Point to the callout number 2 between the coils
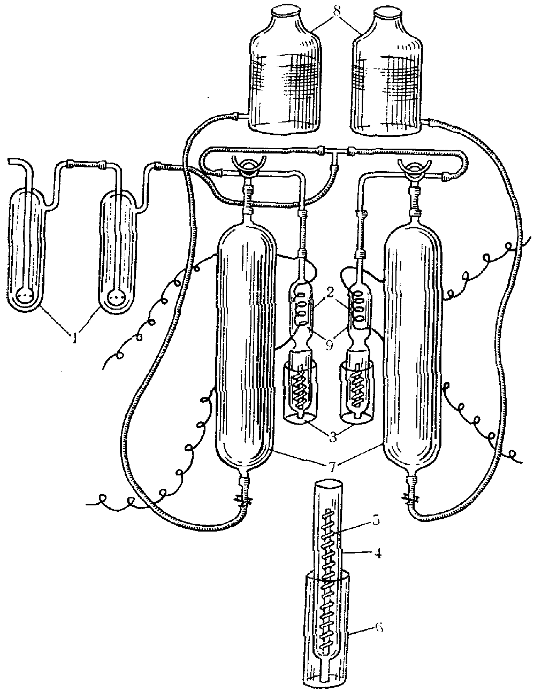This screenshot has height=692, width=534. [x=330, y=293]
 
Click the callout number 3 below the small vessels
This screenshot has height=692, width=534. [x=332, y=436]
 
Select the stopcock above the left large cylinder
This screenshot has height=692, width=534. [x=248, y=167]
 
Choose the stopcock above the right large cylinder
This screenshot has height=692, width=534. [x=415, y=167]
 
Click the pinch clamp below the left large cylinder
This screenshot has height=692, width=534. [x=245, y=501]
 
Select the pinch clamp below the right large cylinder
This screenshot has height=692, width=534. [x=411, y=501]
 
